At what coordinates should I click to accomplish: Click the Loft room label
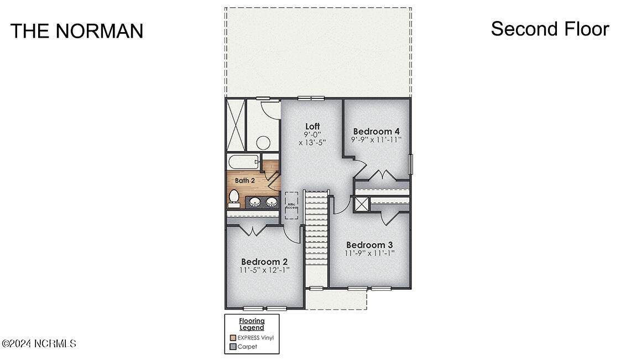tap(312, 126)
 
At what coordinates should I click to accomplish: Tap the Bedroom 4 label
tap(377, 132)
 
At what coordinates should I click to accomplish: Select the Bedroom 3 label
tap(369, 245)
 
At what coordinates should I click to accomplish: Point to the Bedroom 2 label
tap(264, 262)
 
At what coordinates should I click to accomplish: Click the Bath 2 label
tap(245, 180)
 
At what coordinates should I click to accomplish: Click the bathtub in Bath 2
tap(243, 163)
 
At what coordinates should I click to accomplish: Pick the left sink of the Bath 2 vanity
tap(255, 201)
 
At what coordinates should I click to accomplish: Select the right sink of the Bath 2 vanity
tap(271, 201)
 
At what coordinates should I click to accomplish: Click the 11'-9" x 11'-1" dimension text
tap(369, 253)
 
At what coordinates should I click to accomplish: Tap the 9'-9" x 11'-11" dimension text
tap(377, 139)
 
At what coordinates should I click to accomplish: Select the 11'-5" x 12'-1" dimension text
tap(264, 270)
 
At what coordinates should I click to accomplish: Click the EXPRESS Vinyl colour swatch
tap(233, 338)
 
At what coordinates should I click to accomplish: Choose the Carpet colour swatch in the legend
tap(233, 347)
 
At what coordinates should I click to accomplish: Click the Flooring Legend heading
tap(252, 324)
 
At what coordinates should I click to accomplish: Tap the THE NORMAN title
tap(77, 31)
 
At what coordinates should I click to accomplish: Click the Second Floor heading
tap(550, 29)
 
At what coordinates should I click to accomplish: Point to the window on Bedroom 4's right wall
tap(410, 165)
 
